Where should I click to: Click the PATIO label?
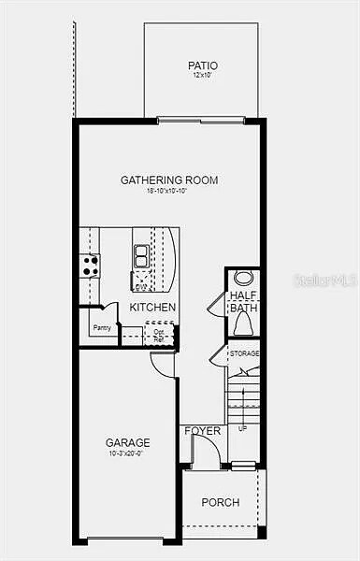click(x=202, y=65)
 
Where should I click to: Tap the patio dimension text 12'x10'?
click(x=202, y=76)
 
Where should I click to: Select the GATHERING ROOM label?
click(x=169, y=180)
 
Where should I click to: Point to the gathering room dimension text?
click(x=169, y=191)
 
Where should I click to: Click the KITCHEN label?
click(x=152, y=307)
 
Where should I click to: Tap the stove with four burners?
click(x=90, y=266)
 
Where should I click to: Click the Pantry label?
click(x=102, y=327)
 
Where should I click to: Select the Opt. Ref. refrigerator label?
click(x=159, y=334)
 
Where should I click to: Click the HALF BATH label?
click(x=244, y=302)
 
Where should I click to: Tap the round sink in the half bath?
click(x=243, y=278)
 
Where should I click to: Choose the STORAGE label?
click(x=245, y=353)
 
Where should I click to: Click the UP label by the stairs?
click(x=243, y=427)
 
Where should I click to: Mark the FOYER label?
click(x=203, y=431)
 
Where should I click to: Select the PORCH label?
click(x=221, y=502)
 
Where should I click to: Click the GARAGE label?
click(x=128, y=442)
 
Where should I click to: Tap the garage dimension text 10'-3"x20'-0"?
click(x=128, y=453)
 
